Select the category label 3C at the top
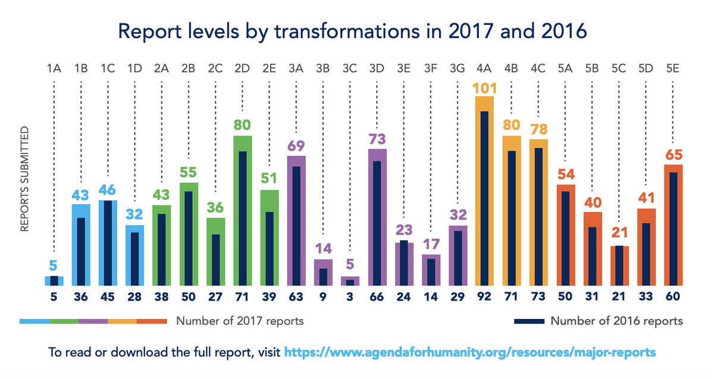tap(350, 69)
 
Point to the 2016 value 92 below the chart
tap(484, 296)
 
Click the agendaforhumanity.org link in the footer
tap(470, 352)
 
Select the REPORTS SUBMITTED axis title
tap(24, 178)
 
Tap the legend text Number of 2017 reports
tap(240, 321)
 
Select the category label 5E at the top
tap(673, 69)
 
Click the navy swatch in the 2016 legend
tap(528, 321)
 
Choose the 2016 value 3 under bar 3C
tap(350, 296)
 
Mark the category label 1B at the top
tap(81, 69)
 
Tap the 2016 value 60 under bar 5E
tap(673, 296)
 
